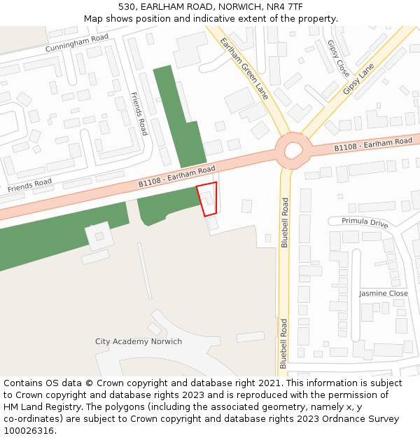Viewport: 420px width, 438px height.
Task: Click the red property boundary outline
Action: (207, 199)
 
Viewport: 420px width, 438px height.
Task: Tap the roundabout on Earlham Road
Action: (291, 150)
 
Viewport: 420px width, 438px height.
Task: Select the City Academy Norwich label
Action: (139, 342)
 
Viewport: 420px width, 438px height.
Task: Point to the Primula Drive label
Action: (365, 223)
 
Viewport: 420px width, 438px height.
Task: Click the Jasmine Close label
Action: (384, 294)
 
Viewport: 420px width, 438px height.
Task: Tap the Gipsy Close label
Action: (339, 57)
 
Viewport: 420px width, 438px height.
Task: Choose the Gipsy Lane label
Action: (359, 79)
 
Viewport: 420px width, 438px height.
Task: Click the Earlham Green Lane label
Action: (244, 68)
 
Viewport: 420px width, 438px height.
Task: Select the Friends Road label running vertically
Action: (139, 114)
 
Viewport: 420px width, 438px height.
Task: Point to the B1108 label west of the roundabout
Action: (176, 177)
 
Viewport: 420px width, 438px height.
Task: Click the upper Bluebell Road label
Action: (285, 222)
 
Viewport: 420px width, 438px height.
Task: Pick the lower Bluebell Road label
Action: (283, 343)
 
